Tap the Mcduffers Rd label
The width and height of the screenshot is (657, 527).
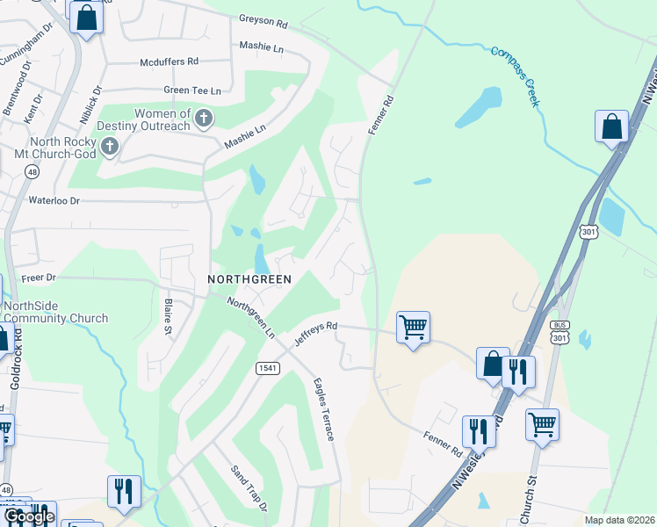(170, 62)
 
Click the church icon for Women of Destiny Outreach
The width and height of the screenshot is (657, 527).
(203, 118)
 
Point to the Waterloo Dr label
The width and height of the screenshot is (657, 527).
(54, 201)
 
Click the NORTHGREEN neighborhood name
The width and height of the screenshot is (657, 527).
(249, 278)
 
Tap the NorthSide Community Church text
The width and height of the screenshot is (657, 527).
(54, 312)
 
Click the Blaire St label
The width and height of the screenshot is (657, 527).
(168, 317)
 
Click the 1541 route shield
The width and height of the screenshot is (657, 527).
(268, 367)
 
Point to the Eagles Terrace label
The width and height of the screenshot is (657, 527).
(323, 409)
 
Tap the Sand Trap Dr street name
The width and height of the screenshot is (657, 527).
(249, 487)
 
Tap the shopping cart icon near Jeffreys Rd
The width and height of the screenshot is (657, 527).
(413, 328)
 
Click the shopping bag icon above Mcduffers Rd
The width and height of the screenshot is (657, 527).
(86, 18)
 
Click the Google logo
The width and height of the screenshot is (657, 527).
(29, 517)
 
